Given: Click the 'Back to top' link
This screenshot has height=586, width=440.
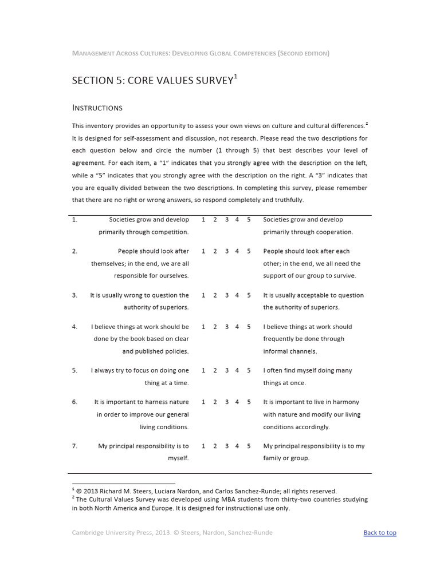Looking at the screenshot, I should [x=379, y=533].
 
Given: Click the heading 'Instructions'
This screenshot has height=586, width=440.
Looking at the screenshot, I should [x=97, y=108].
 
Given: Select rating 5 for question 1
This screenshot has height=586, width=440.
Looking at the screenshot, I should [x=249, y=220].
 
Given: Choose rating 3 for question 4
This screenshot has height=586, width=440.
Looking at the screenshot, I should [x=227, y=327].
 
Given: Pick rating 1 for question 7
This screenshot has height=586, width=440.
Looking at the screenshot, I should [x=203, y=446].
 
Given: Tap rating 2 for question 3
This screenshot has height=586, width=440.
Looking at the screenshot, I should [x=215, y=295].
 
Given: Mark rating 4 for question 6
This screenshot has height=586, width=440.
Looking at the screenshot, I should [x=237, y=402].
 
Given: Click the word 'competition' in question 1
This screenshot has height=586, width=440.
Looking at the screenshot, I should [x=170, y=232].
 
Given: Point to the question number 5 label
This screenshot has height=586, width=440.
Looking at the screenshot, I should [x=74, y=371].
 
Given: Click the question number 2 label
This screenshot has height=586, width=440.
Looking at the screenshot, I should [x=74, y=251].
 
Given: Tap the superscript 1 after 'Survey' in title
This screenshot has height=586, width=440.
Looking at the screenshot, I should [x=235, y=76].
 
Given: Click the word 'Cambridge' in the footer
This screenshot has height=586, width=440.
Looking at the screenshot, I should [x=89, y=533].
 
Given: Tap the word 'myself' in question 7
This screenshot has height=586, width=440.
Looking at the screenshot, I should [x=178, y=458].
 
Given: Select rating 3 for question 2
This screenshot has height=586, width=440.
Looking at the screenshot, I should [x=227, y=251].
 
